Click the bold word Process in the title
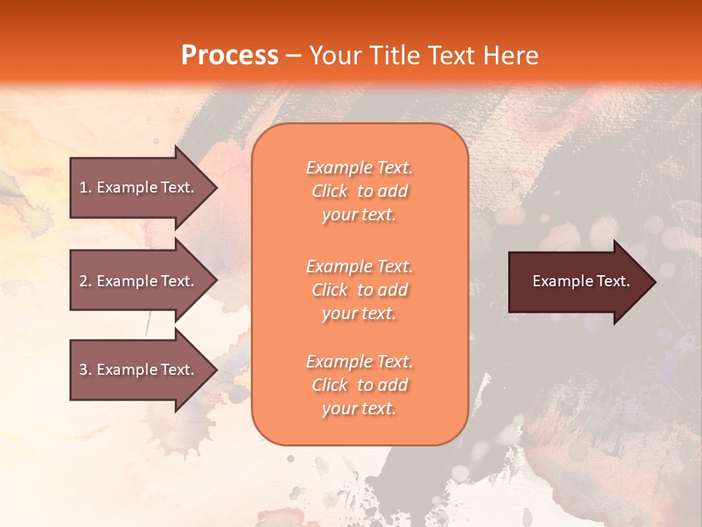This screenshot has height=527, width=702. pyautogui.click(x=230, y=56)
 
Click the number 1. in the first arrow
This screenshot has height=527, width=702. pyautogui.click(x=86, y=187)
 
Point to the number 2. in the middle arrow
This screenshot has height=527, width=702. pyautogui.click(x=86, y=281)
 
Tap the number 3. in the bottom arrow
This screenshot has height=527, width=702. pyautogui.click(x=86, y=370)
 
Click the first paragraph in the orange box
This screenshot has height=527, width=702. pyautogui.click(x=359, y=191)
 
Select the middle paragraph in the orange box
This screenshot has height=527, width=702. pyautogui.click(x=359, y=290)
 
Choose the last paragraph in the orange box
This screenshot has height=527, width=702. pyautogui.click(x=359, y=385)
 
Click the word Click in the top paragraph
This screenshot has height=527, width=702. pyautogui.click(x=330, y=192)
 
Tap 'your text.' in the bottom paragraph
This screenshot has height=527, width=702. pyautogui.click(x=359, y=409)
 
